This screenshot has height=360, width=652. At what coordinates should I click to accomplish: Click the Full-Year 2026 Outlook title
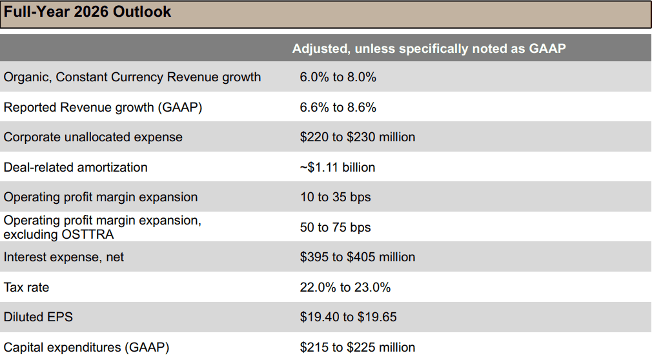(88, 12)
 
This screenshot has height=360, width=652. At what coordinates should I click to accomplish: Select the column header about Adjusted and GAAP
(429, 48)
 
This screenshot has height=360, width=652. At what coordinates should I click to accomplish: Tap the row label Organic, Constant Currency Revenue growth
(132, 77)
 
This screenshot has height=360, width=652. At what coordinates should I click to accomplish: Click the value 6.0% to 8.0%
(338, 77)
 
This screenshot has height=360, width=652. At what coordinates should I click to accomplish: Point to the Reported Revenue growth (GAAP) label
(103, 108)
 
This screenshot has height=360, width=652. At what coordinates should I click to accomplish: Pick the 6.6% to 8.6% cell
(338, 108)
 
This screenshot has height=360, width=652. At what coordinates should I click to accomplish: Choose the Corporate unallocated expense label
(93, 137)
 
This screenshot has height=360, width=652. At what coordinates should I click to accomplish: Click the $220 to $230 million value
(357, 137)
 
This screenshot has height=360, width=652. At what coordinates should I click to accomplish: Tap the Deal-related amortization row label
(76, 167)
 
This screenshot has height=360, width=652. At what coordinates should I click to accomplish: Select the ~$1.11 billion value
(337, 167)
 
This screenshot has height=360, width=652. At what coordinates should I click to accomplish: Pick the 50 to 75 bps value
(335, 227)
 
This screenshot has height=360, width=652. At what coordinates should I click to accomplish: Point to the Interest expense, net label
(64, 257)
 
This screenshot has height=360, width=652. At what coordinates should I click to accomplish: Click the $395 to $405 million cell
(357, 257)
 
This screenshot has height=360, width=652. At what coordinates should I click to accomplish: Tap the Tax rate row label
(26, 287)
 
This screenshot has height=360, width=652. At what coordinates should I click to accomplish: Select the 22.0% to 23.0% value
(345, 287)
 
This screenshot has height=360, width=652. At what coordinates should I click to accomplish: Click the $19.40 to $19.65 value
(348, 317)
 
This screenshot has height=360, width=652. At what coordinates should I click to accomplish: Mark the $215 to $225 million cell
(357, 347)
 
